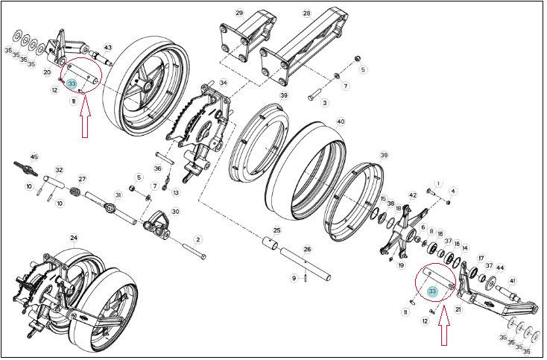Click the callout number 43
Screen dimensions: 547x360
click(108, 48)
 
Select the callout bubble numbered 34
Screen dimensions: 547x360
click(224, 83)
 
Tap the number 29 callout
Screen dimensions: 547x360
click(239, 13)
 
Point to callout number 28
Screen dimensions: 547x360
click(306, 13)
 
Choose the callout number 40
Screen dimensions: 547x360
click(341, 121)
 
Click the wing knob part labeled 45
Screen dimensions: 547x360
click(25, 168)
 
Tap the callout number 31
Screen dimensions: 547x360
click(118, 195)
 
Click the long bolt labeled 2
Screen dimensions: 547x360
click(195, 252)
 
